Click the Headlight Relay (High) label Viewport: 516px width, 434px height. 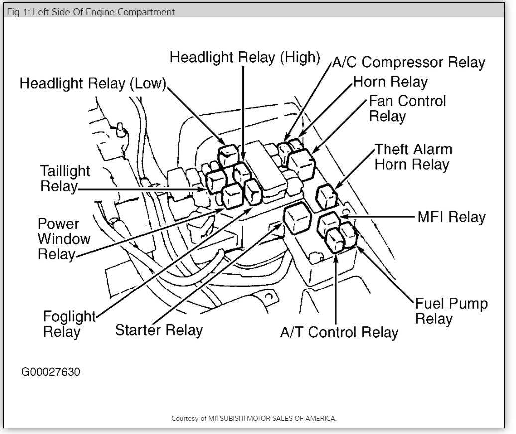click(245, 57)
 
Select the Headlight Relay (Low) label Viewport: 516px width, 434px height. click(93, 83)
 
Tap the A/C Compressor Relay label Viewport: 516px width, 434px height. click(408, 62)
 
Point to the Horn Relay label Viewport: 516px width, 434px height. click(390, 81)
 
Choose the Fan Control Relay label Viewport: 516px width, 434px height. click(407, 108)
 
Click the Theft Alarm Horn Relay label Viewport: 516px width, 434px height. click(413, 156)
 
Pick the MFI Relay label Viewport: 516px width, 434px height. click(451, 217)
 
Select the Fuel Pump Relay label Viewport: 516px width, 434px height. click(451, 311)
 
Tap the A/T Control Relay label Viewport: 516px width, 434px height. click(339, 332)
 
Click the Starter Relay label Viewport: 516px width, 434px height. click(159, 330)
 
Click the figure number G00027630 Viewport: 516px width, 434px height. click(51, 372)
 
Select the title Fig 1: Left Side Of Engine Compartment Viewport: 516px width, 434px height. click(91, 12)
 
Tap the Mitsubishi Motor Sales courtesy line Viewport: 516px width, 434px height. click(254, 418)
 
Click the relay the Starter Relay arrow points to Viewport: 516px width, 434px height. click(297, 219)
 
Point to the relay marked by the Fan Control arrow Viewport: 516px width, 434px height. click(301, 164)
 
